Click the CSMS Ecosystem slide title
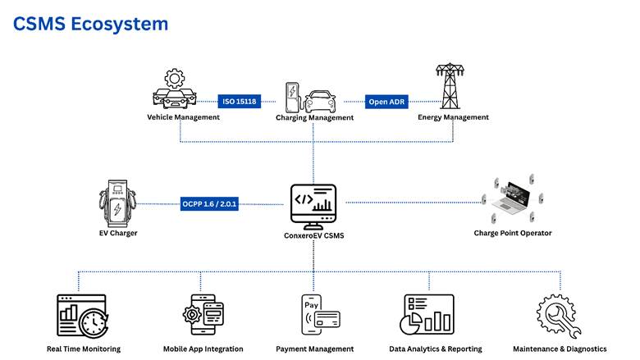coord(90,24)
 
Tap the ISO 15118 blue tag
coord(240,103)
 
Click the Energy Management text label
coord(453,117)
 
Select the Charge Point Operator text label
coord(513,233)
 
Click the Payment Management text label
coord(314,349)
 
